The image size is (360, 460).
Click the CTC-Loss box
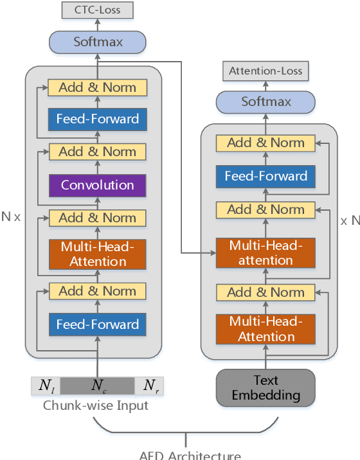[x=98, y=10]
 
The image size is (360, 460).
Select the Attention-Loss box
[x=265, y=71]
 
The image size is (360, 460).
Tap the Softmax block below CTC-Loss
[x=98, y=42]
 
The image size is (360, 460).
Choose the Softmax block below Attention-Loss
[x=265, y=102]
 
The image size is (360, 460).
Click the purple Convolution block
[x=98, y=185]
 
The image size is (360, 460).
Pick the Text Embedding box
[x=265, y=387]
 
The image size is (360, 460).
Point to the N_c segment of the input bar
[x=98, y=385]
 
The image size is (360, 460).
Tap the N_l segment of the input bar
[x=46, y=385]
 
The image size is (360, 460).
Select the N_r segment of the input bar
[x=149, y=385]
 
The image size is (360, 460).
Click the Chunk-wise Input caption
[x=95, y=405]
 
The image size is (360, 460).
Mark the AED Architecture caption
[x=190, y=455]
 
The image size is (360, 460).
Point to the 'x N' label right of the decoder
[x=349, y=220]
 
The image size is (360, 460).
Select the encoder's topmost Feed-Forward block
[x=98, y=119]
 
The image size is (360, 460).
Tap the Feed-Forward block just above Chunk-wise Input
[x=98, y=324]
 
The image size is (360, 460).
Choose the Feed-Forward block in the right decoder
[x=265, y=176]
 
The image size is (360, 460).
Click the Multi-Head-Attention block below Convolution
[x=98, y=254]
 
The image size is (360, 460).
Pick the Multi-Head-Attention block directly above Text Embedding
[x=265, y=329]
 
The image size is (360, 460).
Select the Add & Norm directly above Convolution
[x=98, y=152]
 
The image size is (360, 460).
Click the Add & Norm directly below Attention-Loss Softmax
[x=265, y=143]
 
